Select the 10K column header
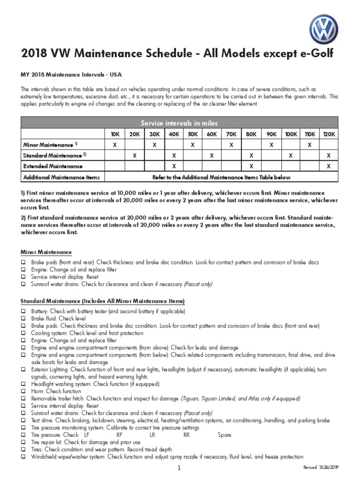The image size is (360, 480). [x=115, y=134]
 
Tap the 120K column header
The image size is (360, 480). [x=329, y=134]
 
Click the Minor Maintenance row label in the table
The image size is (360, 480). [x=51, y=145]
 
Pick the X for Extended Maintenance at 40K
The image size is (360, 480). [x=174, y=166]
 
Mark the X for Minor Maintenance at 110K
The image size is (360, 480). [x=309, y=145]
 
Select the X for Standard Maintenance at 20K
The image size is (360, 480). [x=135, y=155]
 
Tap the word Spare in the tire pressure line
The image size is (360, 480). [x=225, y=435]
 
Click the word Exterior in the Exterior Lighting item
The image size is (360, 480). [x=41, y=369]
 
